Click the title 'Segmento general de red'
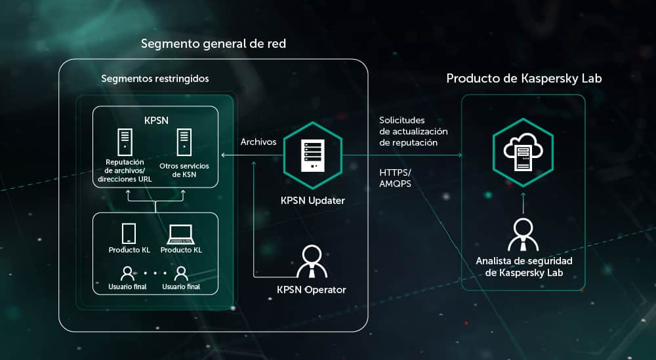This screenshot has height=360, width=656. (213, 44)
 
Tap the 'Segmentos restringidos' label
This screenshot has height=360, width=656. (155, 79)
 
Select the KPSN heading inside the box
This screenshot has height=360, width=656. (155, 121)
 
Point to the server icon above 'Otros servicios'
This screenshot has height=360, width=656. (183, 142)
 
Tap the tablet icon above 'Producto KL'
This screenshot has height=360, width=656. (129, 233)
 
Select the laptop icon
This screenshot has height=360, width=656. (181, 233)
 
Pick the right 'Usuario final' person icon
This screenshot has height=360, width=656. (181, 273)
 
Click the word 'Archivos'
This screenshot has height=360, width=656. (258, 142)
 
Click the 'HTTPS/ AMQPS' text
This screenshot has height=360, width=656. (396, 178)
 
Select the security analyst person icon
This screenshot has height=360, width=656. (523, 234)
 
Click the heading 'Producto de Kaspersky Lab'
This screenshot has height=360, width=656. (524, 79)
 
